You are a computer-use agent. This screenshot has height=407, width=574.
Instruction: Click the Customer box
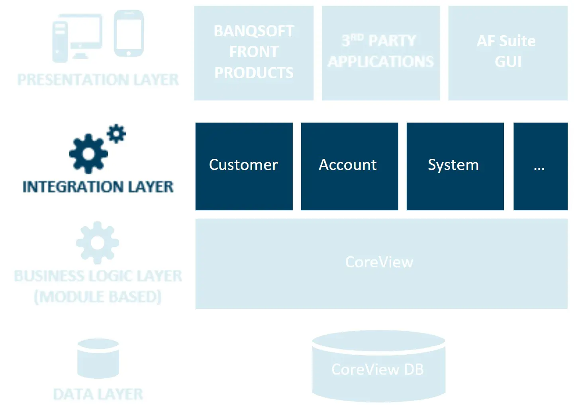coord(244,166)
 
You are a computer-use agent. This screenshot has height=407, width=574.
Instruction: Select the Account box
coord(349,166)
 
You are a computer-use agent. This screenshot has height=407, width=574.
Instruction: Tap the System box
coord(455,166)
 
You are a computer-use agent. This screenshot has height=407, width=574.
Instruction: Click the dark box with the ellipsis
coord(540,166)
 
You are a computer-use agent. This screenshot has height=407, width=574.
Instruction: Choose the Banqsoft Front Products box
coord(254,53)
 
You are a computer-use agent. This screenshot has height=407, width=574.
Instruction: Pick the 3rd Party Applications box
coord(380,53)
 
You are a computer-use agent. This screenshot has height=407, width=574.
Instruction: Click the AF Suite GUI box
coord(507,53)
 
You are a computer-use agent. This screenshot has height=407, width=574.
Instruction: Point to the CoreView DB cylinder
coord(378,367)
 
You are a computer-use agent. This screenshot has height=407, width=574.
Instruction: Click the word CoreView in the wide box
coord(379,262)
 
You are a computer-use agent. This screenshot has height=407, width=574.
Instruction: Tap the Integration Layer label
coord(98,187)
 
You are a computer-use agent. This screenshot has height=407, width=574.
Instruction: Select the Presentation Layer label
coord(98,80)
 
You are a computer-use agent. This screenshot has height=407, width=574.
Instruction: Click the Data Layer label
coord(98,394)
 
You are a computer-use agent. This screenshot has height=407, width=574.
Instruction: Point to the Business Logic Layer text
coord(98,276)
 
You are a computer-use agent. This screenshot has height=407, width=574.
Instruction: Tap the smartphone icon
coord(129,34)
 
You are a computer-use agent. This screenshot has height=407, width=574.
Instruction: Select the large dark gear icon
coord(88,154)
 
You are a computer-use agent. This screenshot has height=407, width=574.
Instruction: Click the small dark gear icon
coord(116,133)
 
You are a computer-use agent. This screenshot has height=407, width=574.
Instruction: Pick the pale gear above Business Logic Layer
coord(98,243)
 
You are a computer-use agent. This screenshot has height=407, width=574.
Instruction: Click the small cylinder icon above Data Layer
coord(98,358)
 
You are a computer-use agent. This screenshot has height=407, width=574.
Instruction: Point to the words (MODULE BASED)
coord(98,297)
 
